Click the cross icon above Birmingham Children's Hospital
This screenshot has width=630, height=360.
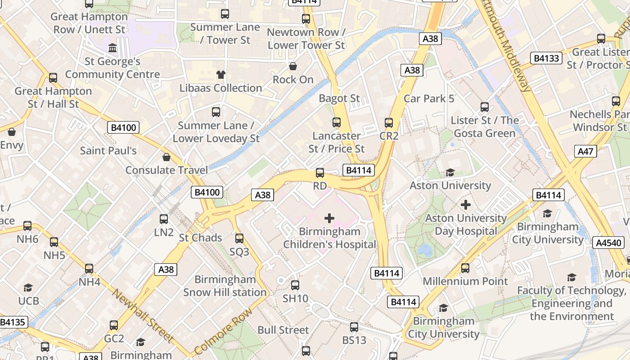(329, 218)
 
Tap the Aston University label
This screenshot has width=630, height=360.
(450, 185)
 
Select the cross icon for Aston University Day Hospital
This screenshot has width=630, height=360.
(466, 205)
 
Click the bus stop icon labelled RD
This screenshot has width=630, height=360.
(320, 173)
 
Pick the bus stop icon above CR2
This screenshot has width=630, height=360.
(389, 122)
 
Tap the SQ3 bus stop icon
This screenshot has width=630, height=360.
(239, 238)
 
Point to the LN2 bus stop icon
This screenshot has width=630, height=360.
(164, 219)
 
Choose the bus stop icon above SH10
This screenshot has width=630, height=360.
(295, 285)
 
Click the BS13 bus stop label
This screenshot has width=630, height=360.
(354, 340)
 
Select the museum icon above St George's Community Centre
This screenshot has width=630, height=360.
(112, 48)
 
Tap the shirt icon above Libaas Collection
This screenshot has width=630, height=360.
(220, 75)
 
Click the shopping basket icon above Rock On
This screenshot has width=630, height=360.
(293, 67)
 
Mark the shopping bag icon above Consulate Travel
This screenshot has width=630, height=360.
(166, 157)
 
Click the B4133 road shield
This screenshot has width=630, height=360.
(546, 58)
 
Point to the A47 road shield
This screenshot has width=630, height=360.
(585, 151)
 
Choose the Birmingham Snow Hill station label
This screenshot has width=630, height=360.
(225, 286)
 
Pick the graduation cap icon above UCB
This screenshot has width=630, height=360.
(28, 288)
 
